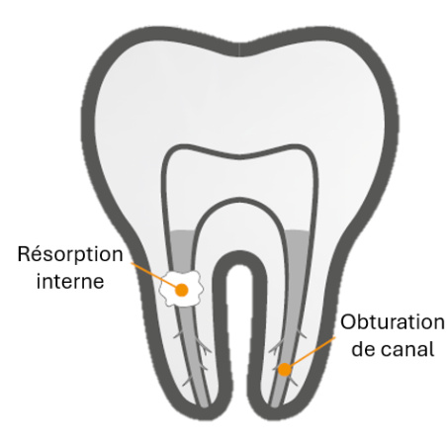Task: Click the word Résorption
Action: (70, 255)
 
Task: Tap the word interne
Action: (70, 281)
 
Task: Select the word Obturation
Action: (393, 322)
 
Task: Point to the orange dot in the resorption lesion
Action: (182, 290)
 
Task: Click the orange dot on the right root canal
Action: (285, 370)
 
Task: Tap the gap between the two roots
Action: (239, 329)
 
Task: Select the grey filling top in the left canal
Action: (182, 232)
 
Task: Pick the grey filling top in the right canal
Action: (298, 232)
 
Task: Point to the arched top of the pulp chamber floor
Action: (239, 200)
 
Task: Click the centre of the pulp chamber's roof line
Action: (240, 157)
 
